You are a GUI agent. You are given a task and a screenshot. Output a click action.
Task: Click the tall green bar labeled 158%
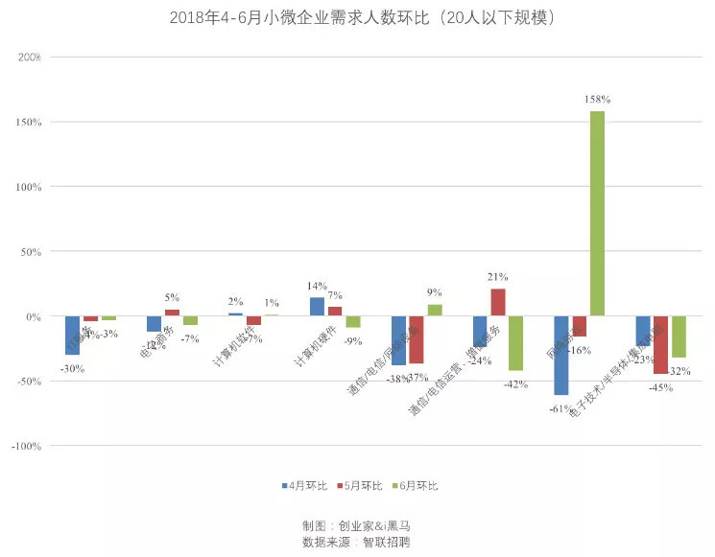pos(597,213)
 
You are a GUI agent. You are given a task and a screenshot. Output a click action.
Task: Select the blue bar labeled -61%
pos(560,355)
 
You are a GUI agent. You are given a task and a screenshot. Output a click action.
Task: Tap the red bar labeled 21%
pos(497,302)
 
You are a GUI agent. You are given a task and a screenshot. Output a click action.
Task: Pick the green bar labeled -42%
pos(515,342)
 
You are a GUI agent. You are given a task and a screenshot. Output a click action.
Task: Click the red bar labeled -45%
pos(660,344)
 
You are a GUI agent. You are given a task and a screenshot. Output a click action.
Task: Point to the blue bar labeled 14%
pos(317,307)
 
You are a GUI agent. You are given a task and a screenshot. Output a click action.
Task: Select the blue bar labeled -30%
pos(72,335)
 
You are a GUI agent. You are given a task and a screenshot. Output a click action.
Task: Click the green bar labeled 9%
pos(435,311)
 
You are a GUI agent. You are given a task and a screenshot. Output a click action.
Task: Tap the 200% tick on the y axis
pos(29,58)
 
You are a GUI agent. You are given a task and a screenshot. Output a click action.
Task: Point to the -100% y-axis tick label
pos(26,446)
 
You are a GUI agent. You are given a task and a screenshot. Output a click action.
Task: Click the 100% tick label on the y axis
pos(29,187)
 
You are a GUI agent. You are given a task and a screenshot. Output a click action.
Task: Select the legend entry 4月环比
pos(304,486)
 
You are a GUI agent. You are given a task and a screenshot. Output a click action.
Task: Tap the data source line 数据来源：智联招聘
pos(358,542)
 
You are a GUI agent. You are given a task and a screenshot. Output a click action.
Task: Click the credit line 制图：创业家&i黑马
pos(358,525)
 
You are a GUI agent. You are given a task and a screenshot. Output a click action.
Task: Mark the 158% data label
pos(597,100)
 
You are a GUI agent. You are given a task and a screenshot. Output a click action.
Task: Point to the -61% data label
pos(560,408)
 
